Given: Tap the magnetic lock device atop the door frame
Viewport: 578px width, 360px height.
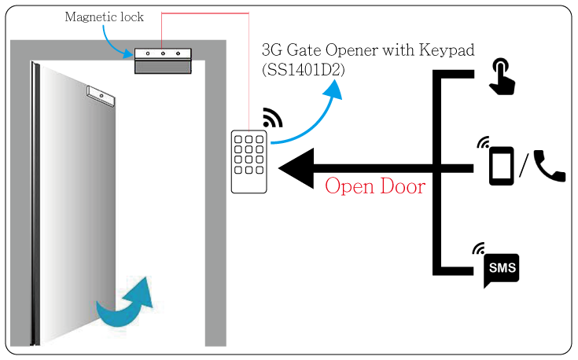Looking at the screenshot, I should pyautogui.click(x=163, y=61).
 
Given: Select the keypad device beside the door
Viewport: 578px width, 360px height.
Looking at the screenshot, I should pyautogui.click(x=249, y=161).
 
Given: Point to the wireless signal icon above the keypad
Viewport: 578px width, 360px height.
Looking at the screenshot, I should pyautogui.click(x=272, y=118).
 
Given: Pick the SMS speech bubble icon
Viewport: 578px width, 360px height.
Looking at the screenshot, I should pyautogui.click(x=502, y=270).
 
